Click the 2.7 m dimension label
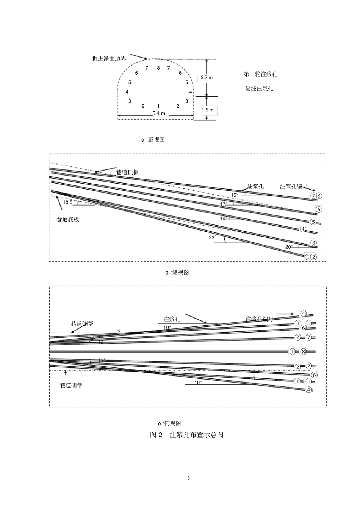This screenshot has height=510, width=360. point(207,78)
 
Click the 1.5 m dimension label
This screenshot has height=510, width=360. point(207,110)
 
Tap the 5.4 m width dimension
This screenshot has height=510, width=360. point(159,113)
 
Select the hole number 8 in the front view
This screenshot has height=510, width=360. point(158,68)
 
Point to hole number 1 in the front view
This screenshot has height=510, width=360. point(158,106)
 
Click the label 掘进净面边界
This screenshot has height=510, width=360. point(109,58)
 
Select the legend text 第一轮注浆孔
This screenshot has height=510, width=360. point(260,74)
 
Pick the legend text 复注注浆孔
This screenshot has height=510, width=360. point(259,88)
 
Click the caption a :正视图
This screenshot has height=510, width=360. point(153,140)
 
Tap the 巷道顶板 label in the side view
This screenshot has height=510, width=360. point(127,172)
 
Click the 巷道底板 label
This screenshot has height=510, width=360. point(68,219)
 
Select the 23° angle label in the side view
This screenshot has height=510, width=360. point(213,237)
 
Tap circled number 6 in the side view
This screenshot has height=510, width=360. point(319,210)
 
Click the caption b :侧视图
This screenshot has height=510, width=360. point(177,272)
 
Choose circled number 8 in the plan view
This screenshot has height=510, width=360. point(303,352)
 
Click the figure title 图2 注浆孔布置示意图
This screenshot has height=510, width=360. point(187,435)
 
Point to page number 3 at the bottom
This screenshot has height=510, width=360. point(188,478)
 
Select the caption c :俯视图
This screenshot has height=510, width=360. point(169,424)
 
